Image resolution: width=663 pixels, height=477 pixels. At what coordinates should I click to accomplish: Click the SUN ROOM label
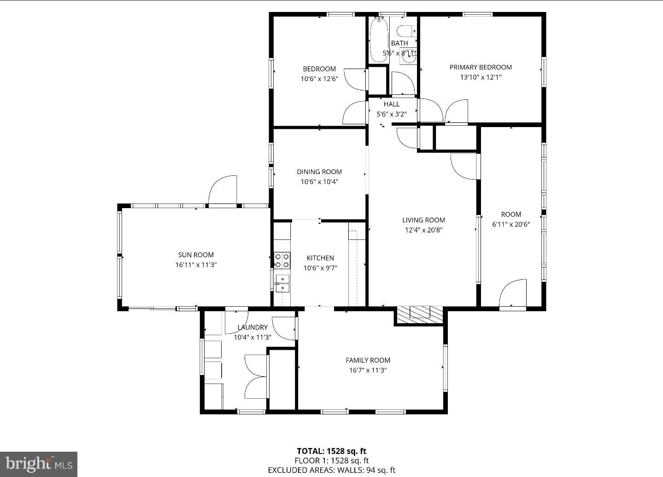tap(196, 255)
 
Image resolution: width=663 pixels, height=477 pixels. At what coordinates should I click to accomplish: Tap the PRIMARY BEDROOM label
tap(481, 67)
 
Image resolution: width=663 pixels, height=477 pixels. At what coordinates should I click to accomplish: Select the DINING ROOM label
tap(319, 172)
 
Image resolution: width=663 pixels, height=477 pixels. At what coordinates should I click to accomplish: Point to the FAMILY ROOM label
tap(368, 361)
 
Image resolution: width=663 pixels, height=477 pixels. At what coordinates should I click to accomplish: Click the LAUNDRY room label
tap(252, 327)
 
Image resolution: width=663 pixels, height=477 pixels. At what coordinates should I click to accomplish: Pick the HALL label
tap(391, 105)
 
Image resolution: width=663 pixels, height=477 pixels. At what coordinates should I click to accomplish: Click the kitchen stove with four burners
tap(282, 261)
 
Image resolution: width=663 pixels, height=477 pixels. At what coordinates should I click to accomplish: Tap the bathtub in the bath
tap(379, 39)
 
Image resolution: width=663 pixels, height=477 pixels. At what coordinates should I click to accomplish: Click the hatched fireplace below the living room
tap(420, 313)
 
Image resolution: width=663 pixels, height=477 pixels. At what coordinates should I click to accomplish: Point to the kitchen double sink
tap(282, 283)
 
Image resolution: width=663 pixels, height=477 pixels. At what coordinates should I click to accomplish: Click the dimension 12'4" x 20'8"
tap(423, 230)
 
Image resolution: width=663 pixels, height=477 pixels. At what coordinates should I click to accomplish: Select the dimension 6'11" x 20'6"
tap(511, 225)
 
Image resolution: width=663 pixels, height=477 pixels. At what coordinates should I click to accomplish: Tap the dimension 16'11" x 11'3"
tap(196, 265)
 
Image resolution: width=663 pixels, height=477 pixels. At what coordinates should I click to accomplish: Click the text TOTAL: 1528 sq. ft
tap(331, 451)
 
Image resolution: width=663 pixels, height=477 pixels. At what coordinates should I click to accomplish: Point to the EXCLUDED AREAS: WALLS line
tap(331, 470)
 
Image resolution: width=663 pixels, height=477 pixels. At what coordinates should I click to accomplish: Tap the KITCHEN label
tap(320, 258)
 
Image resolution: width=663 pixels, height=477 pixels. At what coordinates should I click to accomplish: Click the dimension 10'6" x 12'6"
tap(319, 79)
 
